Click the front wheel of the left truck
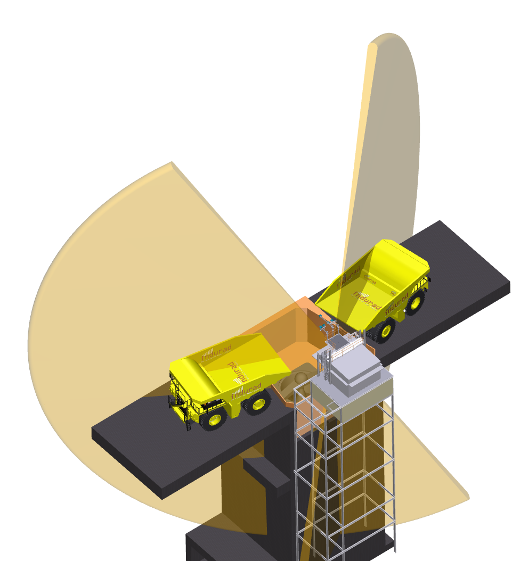pyautogui.click(x=214, y=418)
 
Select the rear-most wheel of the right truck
pyautogui.click(x=415, y=302)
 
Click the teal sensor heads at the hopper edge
pyautogui.click(x=323, y=322)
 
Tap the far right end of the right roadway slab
pyautogui.click(x=509, y=285)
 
